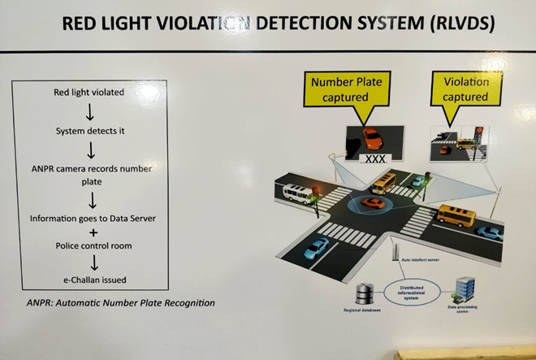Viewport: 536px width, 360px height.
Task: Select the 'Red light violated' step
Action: pyautogui.click(x=90, y=93)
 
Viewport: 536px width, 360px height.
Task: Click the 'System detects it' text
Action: pyautogui.click(x=90, y=131)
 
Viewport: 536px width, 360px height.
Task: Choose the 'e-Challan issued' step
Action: pyautogui.click(x=90, y=280)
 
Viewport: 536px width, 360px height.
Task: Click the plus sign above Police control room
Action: pyautogui.click(x=90, y=232)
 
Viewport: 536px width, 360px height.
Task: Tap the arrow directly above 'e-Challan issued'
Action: pyautogui.click(x=90, y=262)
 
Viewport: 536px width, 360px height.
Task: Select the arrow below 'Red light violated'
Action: pyautogui.click(x=90, y=112)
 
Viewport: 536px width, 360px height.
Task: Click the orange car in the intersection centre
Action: pyautogui.click(x=374, y=202)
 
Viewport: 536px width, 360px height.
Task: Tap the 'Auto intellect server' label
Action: pyautogui.click(x=421, y=260)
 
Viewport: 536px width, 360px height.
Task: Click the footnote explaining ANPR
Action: pyautogui.click(x=119, y=303)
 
